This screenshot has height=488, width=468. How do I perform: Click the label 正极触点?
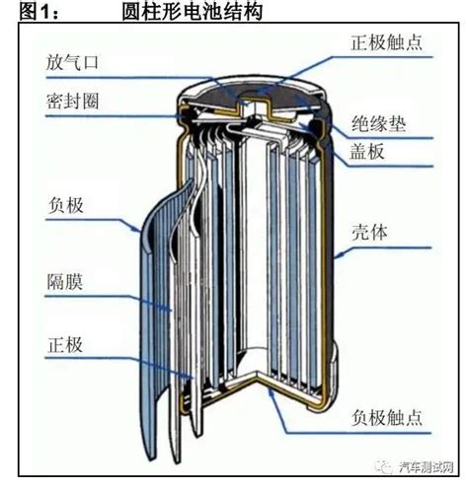pyautogui.click(x=387, y=42)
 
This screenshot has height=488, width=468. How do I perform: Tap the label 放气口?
pyautogui.click(x=72, y=62)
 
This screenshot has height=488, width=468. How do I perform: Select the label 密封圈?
pyautogui.click(x=72, y=101)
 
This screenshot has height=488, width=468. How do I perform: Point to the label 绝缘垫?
pyautogui.click(x=378, y=124)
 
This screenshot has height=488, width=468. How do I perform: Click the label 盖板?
pyautogui.click(x=367, y=152)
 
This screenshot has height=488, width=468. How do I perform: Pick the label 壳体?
pyautogui.click(x=369, y=233)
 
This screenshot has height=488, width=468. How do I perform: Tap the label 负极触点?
pyautogui.click(x=387, y=418)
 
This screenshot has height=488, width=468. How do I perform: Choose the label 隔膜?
pyautogui.click(x=65, y=282)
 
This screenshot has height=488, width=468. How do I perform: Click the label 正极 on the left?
pyautogui.click(x=65, y=345)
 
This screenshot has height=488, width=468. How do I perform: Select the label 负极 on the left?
pyautogui.click(x=65, y=205)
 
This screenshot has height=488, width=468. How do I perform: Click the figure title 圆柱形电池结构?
pyautogui.click(x=192, y=12)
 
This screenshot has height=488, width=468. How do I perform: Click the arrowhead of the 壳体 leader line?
pyautogui.click(x=339, y=255)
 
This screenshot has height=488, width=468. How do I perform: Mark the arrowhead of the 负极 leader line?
pyautogui.click(x=141, y=231)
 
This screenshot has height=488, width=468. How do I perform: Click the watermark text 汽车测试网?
pyautogui.click(x=427, y=467)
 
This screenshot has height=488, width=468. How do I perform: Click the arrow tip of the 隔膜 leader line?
pyautogui.click(x=171, y=311)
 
